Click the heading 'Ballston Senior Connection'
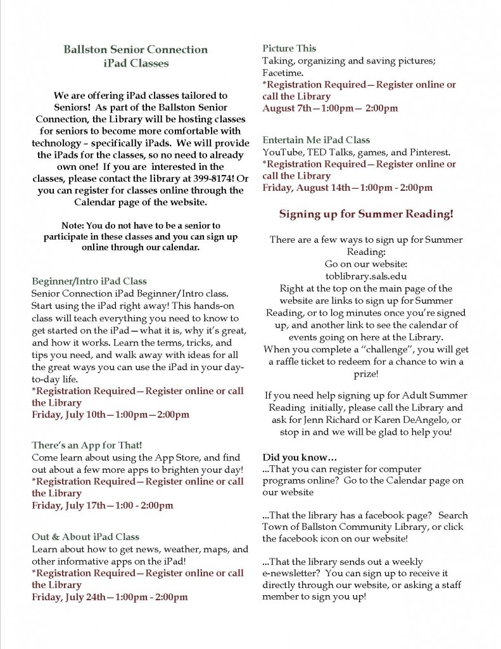136,49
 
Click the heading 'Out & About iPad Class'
86,537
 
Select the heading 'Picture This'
289,48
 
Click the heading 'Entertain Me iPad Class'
316,139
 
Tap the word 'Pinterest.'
428,152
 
